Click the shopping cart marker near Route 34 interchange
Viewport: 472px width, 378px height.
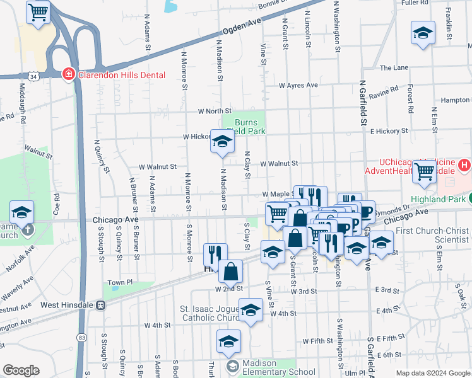point(38,12)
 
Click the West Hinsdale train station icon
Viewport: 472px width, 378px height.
point(100,305)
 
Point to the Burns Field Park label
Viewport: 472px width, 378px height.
point(249,127)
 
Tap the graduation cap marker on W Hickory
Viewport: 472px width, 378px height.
point(222,142)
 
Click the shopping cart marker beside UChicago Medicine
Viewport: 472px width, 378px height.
point(425,171)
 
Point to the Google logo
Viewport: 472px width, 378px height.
point(21,370)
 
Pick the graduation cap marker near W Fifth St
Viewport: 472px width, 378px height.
point(228,343)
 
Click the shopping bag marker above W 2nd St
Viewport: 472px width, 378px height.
point(231,272)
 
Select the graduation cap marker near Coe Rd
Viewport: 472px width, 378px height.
point(22,213)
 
